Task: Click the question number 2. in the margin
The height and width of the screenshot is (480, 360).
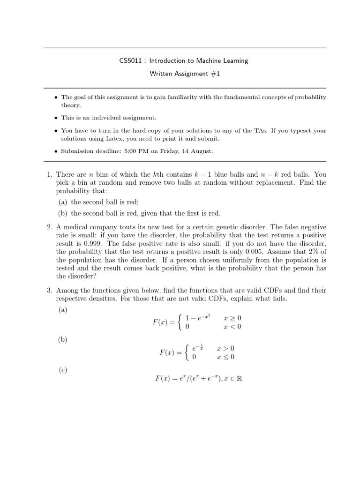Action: (49, 227)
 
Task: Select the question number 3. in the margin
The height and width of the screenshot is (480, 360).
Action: (49, 290)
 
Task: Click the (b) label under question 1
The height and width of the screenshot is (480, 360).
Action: (63, 213)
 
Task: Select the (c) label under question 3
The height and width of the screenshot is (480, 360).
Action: (63, 370)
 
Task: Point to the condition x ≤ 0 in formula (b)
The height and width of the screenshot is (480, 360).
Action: (225, 357)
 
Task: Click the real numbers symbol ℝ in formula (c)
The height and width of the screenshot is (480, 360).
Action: (239, 378)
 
